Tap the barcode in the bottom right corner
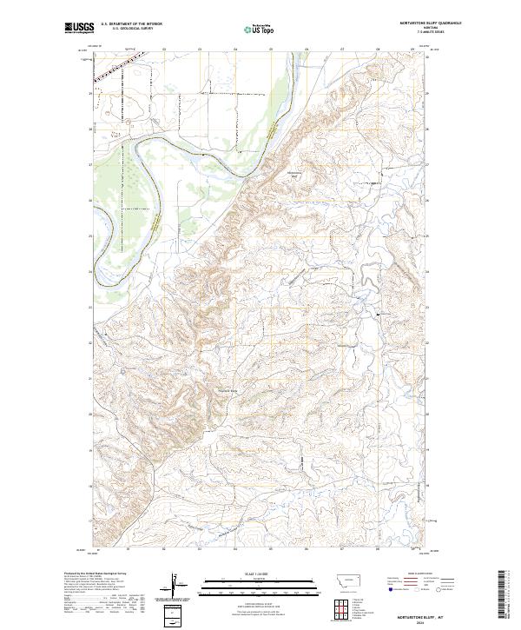tap(503, 595)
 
